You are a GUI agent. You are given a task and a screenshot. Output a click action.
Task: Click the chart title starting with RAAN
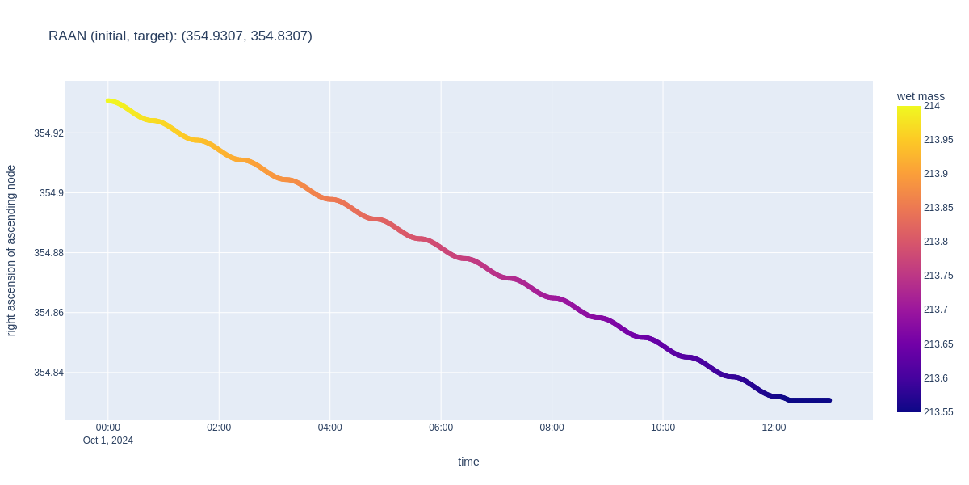[x=180, y=36]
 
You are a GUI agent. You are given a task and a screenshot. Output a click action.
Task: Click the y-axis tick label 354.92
[x=48, y=133]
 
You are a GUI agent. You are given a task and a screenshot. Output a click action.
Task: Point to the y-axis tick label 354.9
[x=51, y=192]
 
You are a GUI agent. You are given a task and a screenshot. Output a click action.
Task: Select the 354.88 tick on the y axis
[x=48, y=252]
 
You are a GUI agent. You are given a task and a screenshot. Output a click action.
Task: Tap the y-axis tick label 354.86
[x=48, y=312]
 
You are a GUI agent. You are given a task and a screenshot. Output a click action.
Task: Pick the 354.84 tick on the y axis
[x=48, y=372]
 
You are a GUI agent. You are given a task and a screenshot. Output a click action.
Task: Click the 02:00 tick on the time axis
[x=219, y=428]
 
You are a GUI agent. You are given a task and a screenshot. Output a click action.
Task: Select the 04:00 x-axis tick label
[x=329, y=428]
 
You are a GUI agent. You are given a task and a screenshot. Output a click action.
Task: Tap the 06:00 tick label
[x=441, y=428]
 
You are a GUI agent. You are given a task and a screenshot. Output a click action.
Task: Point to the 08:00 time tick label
[x=552, y=428]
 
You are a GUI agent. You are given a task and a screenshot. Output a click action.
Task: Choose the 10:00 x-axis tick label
[x=663, y=428]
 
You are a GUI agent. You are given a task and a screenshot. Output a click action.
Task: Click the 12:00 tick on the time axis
[x=774, y=428]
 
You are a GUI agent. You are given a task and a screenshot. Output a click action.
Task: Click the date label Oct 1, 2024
[x=108, y=441]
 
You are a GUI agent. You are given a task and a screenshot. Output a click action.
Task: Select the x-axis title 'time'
[x=468, y=462]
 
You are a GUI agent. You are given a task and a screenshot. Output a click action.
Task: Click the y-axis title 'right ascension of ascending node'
[x=11, y=251]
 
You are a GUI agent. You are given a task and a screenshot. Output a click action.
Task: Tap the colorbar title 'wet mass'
[x=921, y=96]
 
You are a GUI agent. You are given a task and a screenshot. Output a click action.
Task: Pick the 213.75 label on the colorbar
[x=938, y=276]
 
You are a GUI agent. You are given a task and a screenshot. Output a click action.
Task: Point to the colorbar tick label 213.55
[x=938, y=411]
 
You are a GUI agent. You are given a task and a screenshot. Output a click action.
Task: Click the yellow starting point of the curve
[x=108, y=101]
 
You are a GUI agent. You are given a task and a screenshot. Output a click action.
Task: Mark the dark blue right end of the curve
[x=828, y=400]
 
